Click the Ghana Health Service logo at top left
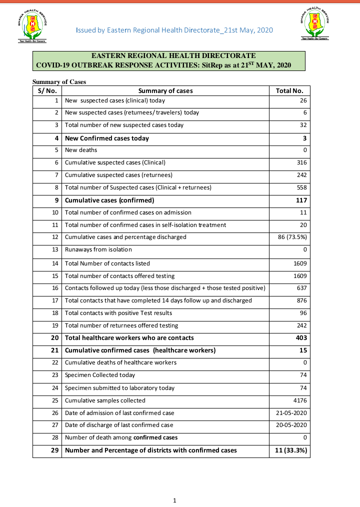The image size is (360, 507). [x=32, y=26]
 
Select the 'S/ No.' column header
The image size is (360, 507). [x=47, y=90]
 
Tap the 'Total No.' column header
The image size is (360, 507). [x=289, y=90]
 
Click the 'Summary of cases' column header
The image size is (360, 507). [x=165, y=90]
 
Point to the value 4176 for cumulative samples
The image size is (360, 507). [x=299, y=400]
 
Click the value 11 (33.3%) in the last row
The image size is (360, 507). [x=291, y=450]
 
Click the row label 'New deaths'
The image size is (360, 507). [x=81, y=150]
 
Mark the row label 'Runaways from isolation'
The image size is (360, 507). [x=98, y=249]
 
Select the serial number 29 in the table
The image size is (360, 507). [x=54, y=450]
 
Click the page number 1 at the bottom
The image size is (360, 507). [x=174, y=500]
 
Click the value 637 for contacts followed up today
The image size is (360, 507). [x=301, y=288]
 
